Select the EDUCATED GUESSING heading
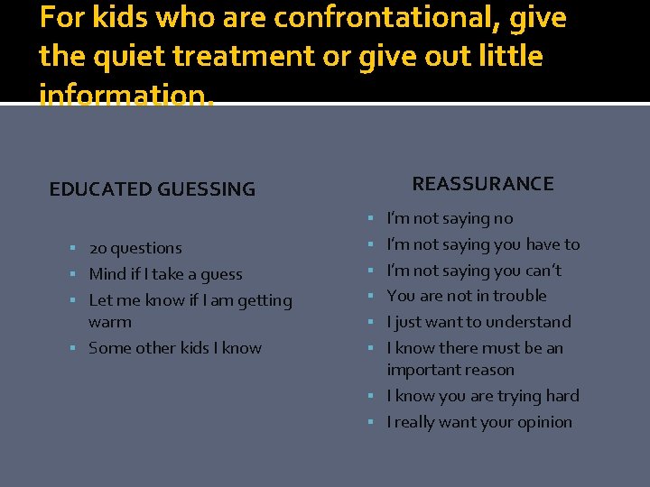152,189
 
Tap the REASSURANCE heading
483,184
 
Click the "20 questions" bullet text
135,248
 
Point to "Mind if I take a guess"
165,274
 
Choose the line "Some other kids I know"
175,348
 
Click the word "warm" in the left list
110,322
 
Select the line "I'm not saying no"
450,218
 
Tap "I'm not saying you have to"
483,244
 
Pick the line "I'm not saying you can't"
474,271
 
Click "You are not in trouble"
467,296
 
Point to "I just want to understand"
478,322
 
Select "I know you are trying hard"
483,396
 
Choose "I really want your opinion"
479,422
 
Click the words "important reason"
450,370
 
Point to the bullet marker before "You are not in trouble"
373,296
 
